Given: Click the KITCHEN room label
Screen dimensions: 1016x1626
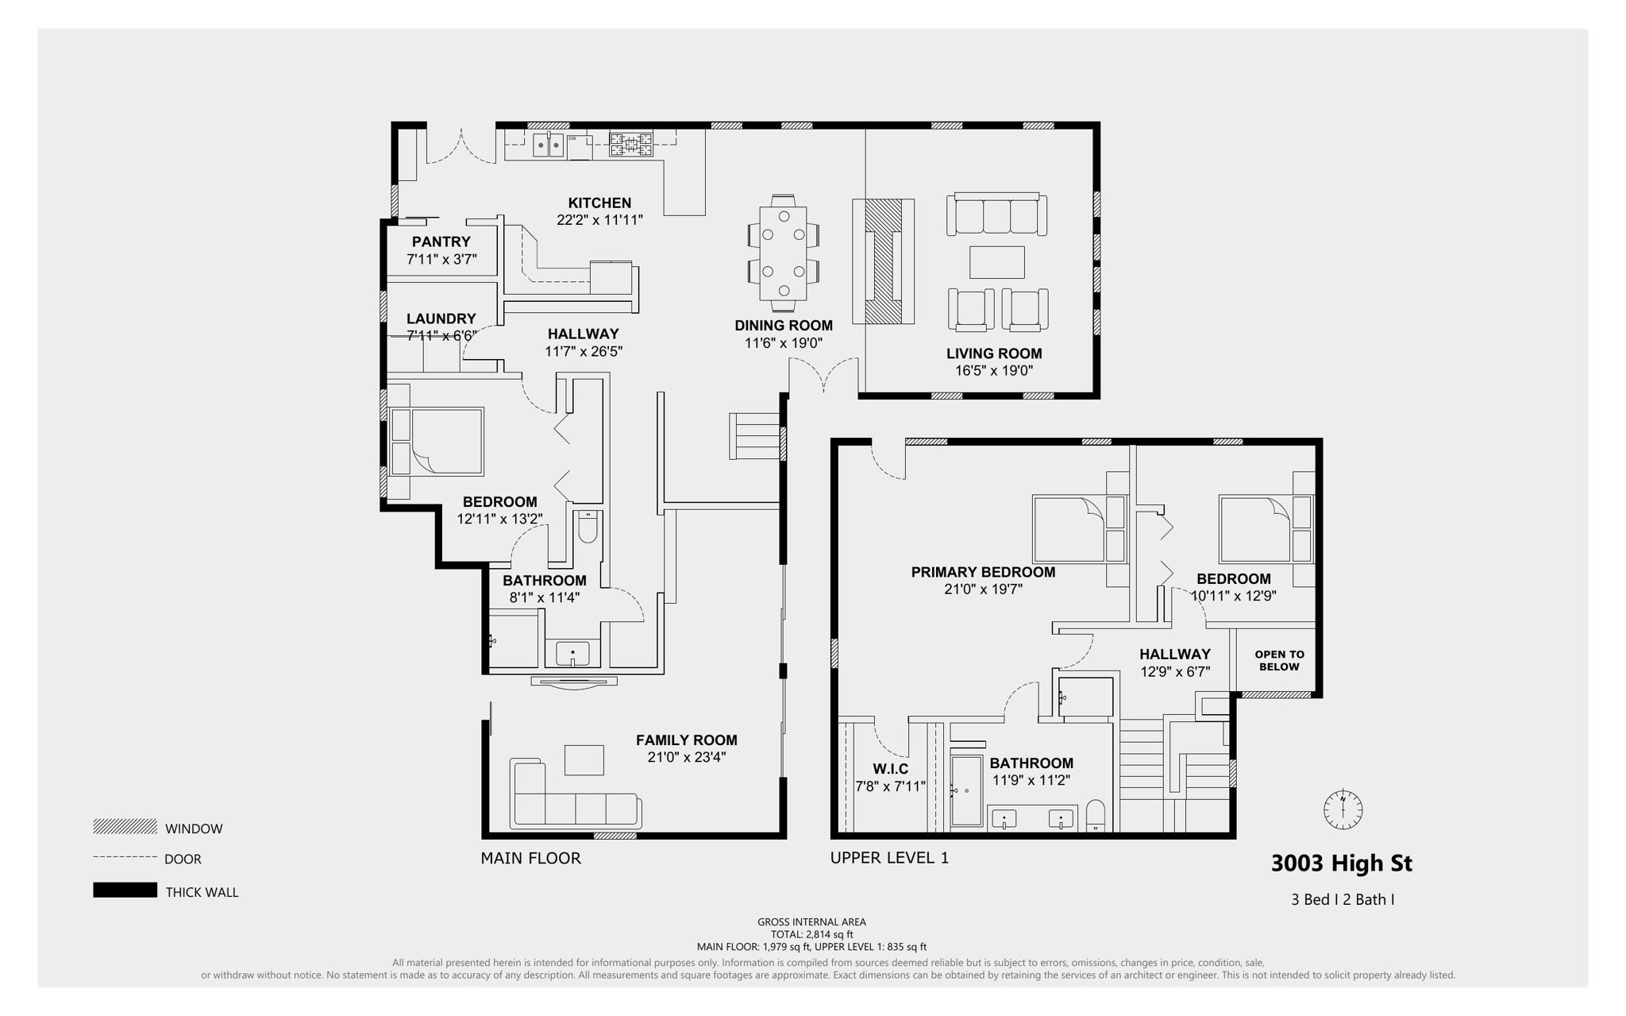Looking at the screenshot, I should (x=599, y=203).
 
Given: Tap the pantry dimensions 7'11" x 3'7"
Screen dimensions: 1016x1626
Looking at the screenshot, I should (x=441, y=259).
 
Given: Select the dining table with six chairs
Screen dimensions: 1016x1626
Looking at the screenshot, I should (x=784, y=253).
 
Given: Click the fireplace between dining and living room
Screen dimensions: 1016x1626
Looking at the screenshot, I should (x=883, y=261).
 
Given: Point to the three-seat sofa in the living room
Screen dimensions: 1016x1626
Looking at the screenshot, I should (x=996, y=214).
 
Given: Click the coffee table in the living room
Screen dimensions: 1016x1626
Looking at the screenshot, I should (x=996, y=262).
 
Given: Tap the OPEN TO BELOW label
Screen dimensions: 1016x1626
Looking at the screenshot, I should (x=1279, y=660).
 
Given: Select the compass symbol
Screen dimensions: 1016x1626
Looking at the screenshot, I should (x=1343, y=809).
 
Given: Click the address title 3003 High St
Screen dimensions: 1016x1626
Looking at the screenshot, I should (x=1341, y=863).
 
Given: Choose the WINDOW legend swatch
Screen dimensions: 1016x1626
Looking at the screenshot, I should (x=125, y=827).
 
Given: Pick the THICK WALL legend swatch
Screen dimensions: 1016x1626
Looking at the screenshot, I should (x=125, y=890).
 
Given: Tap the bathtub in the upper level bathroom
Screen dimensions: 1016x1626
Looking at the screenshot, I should (x=967, y=790).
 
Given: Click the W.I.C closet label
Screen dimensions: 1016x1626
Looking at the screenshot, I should (x=890, y=769).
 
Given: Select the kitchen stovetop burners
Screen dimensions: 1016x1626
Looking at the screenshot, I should (x=631, y=145).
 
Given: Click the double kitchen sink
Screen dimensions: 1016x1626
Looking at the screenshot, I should (x=548, y=145).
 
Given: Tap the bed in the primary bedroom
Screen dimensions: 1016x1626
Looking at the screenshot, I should (x=1068, y=528).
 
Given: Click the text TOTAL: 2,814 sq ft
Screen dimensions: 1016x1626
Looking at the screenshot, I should (x=811, y=934).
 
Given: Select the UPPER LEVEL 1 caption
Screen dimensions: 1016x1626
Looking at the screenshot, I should (x=889, y=858).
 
